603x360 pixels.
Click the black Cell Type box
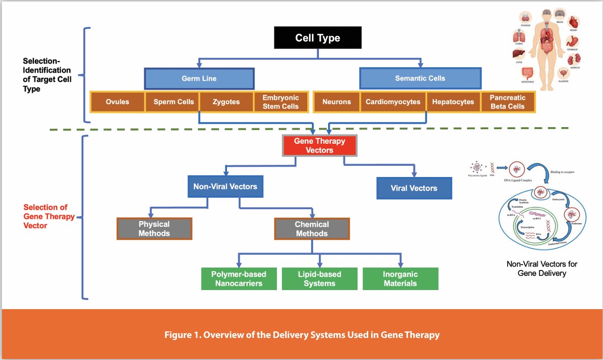pyautogui.click(x=317, y=38)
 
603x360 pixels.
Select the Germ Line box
pyautogui.click(x=199, y=78)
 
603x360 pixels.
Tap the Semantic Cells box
pyautogui.click(x=420, y=78)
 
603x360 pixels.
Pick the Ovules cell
pyautogui.click(x=117, y=102)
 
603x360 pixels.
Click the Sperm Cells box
pyautogui.click(x=174, y=102)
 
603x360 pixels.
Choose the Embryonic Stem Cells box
pyautogui.click(x=280, y=102)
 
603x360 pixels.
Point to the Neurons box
pyautogui.click(x=336, y=102)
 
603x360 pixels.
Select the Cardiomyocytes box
pyautogui.click(x=393, y=102)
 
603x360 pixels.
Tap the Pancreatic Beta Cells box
pyautogui.click(x=507, y=102)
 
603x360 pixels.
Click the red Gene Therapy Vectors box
pyautogui.click(x=319, y=146)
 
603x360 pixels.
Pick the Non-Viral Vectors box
pyautogui.click(x=225, y=186)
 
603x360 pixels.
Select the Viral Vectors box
pyautogui.click(x=414, y=188)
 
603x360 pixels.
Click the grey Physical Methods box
pyautogui.click(x=154, y=228)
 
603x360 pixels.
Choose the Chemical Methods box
pyautogui.click(x=312, y=228)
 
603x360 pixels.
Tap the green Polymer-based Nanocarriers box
pyautogui.click(x=239, y=279)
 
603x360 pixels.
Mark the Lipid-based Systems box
pyautogui.click(x=319, y=279)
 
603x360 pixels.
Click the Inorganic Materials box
pyautogui.click(x=400, y=279)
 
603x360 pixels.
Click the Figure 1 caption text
pyautogui.click(x=301, y=335)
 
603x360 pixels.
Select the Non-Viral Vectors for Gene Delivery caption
pyautogui.click(x=541, y=269)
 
